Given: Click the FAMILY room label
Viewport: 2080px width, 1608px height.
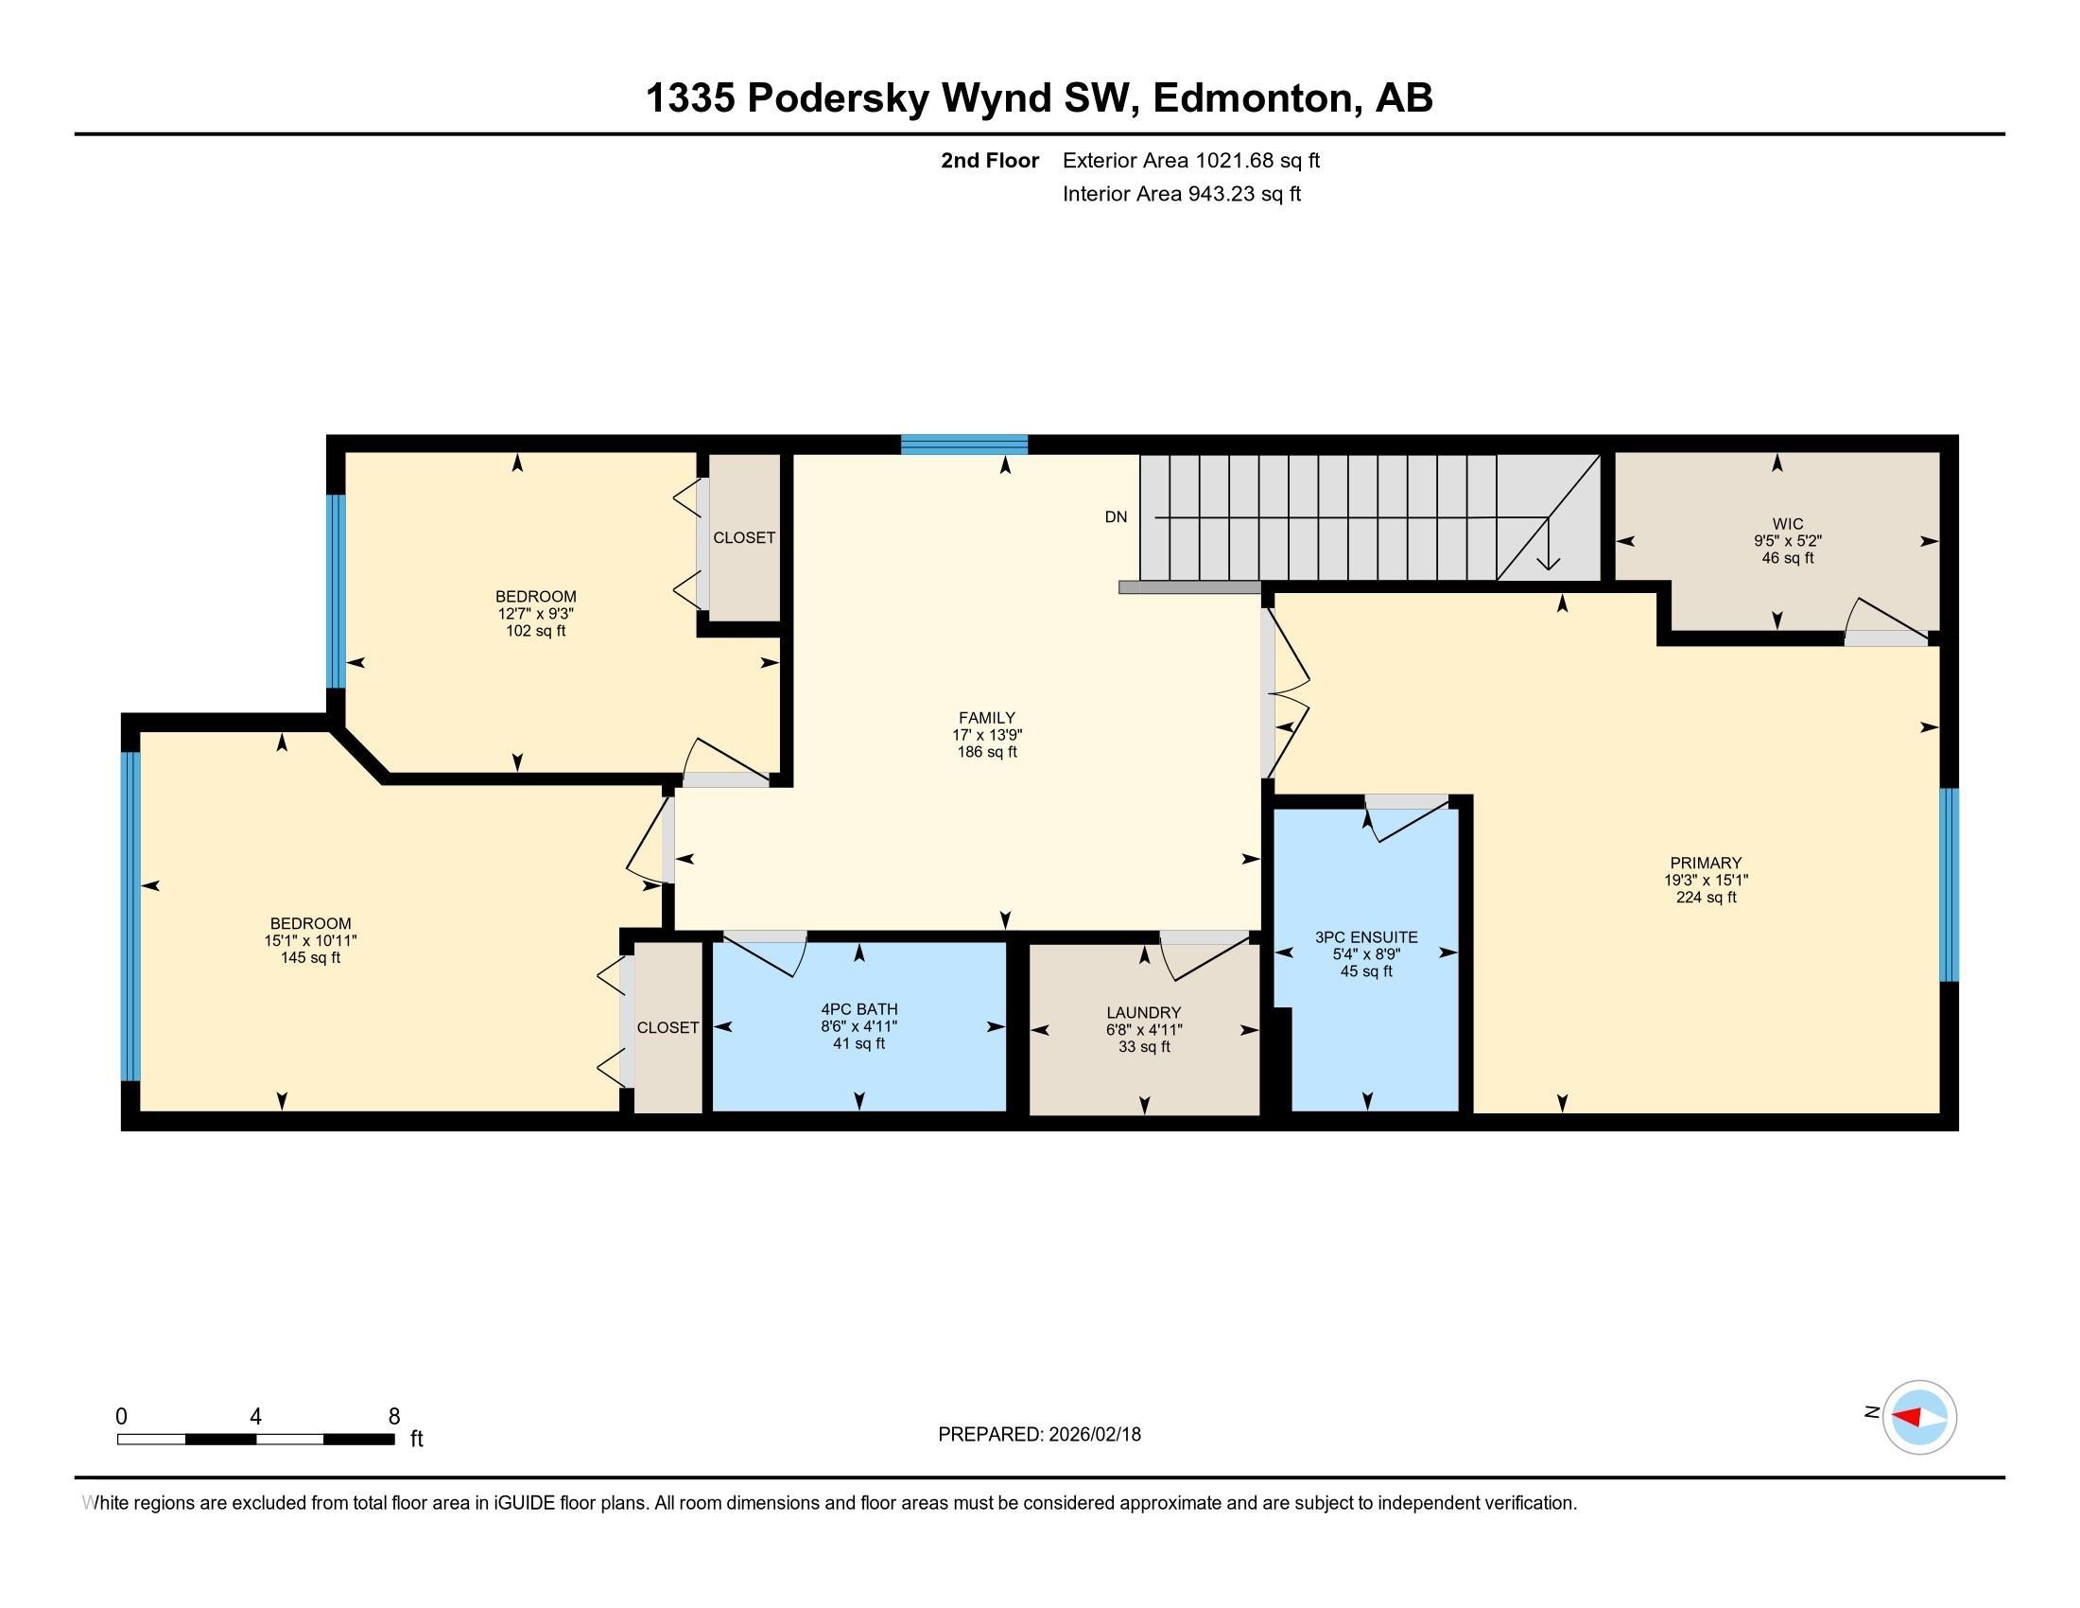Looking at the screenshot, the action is click(987, 718).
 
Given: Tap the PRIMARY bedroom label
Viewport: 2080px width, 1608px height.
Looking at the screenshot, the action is click(1706, 864).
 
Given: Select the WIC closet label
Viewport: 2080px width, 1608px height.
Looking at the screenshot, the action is click(1788, 524).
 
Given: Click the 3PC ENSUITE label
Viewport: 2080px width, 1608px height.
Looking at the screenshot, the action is click(1367, 937).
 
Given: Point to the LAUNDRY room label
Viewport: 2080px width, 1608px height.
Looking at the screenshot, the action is click(1144, 1013).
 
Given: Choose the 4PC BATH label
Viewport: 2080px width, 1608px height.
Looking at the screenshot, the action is click(859, 1009).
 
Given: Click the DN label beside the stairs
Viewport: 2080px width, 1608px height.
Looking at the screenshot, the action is click(1117, 517).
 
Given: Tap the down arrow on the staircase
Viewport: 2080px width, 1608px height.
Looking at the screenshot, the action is click(1548, 543).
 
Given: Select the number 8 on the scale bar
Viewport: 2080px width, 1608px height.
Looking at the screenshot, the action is click(394, 1417).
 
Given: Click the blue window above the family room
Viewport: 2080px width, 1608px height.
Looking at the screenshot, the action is click(964, 444).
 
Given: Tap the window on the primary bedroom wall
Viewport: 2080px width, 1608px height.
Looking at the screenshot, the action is click(1949, 884).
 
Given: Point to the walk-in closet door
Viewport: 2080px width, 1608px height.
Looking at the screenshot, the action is click(1887, 623).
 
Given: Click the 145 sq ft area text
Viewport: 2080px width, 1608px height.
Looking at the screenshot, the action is click(310, 957).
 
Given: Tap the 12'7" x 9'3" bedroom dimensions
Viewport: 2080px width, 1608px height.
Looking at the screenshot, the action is click(535, 614).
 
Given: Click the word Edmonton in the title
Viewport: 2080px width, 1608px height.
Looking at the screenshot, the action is click(1257, 98).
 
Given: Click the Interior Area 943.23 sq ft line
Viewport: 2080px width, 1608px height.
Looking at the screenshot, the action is click(1181, 194).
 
